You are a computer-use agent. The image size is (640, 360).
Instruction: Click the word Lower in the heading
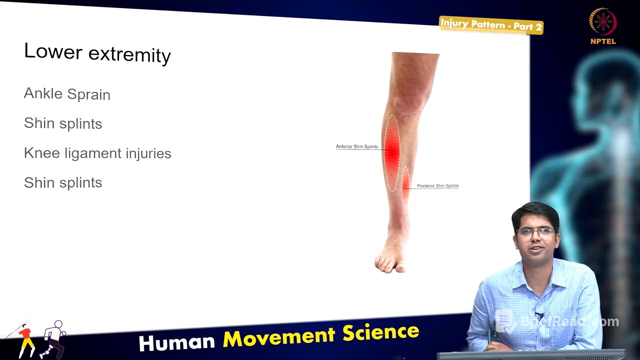(x=52, y=51)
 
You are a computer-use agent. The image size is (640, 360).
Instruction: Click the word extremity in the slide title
(x=129, y=54)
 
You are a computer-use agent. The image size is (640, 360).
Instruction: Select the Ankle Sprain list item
(x=67, y=94)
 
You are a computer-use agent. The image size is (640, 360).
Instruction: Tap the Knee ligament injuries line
(x=97, y=153)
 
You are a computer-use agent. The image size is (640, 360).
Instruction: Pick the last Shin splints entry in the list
(x=63, y=182)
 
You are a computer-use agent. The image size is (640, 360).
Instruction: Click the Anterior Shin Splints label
(x=357, y=146)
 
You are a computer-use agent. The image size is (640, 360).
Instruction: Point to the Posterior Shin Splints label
(x=437, y=186)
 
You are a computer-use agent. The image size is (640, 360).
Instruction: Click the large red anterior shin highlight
(x=392, y=152)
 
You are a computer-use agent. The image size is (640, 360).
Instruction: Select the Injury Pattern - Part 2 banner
(x=491, y=25)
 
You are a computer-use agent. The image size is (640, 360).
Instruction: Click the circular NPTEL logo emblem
(x=603, y=22)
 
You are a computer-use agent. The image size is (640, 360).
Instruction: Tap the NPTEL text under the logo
(x=603, y=41)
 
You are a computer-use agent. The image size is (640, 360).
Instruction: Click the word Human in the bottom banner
(x=176, y=342)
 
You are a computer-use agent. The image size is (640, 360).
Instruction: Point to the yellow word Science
(x=380, y=332)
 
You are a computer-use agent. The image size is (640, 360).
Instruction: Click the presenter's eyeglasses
(x=536, y=231)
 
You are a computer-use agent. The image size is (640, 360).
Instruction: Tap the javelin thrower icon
(x=22, y=337)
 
